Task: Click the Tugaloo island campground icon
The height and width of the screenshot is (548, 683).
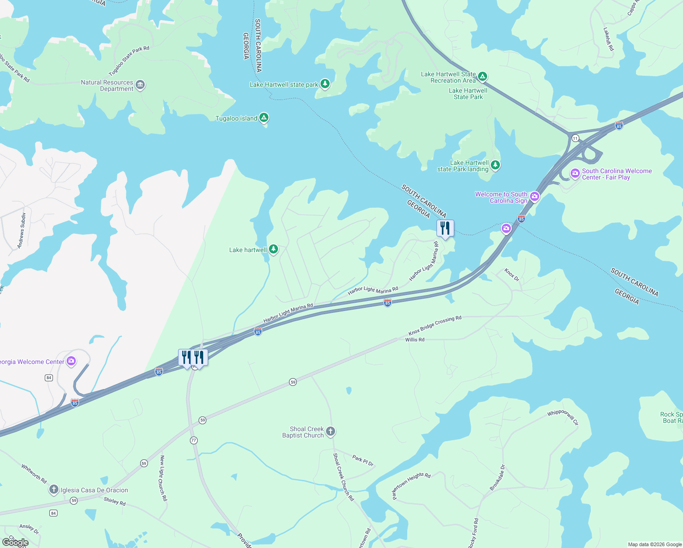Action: click(264, 118)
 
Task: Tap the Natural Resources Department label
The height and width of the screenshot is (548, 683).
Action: click(107, 85)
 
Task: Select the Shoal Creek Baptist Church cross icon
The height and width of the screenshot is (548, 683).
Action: click(331, 431)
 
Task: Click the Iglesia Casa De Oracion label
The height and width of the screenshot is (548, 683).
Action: click(95, 490)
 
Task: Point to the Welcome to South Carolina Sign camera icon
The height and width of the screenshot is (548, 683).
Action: click(535, 197)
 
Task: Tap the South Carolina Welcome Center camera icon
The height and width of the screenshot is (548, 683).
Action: click(575, 174)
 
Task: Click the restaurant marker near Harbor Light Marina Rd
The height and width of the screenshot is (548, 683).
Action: click(445, 228)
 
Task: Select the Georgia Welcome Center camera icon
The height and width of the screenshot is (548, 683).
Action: click(71, 361)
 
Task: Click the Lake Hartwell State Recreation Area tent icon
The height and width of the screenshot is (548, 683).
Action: click(483, 76)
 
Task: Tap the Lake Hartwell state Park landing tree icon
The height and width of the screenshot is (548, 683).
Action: click(495, 165)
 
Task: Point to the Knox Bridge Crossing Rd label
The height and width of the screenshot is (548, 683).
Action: click(435, 325)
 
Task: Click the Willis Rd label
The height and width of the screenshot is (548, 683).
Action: click(415, 340)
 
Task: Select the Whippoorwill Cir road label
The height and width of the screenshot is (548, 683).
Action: click(563, 416)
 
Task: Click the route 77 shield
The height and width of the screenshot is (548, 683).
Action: click(194, 440)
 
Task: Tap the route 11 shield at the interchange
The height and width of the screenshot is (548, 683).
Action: click(575, 138)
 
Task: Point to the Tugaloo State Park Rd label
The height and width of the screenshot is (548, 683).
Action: click(129, 61)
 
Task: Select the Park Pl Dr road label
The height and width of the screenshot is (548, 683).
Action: click(363, 460)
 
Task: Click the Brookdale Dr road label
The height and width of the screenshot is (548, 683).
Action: click(498, 478)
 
